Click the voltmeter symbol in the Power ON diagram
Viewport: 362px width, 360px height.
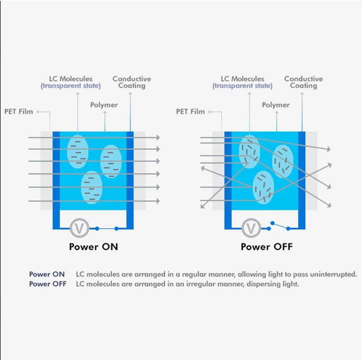tap(80, 228)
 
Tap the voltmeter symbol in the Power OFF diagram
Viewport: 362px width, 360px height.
tap(251, 228)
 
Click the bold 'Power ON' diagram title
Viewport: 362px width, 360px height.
tap(94, 247)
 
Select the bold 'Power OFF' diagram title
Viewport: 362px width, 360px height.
tap(267, 247)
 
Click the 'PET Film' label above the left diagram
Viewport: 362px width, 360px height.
tap(19, 112)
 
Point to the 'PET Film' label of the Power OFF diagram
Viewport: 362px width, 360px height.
tap(191, 112)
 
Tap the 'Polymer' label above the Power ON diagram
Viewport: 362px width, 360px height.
tap(104, 105)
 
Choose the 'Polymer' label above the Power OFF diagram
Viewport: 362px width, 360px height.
tap(276, 105)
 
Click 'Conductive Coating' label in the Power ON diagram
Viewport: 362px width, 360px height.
tap(132, 82)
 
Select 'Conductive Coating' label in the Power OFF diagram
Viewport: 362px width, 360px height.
tap(304, 82)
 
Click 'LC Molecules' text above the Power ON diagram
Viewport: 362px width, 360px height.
tap(71, 79)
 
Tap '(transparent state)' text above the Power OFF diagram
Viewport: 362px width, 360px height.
tap(243, 86)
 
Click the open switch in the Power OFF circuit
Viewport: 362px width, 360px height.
tap(280, 226)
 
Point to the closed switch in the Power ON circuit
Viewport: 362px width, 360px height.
tap(107, 229)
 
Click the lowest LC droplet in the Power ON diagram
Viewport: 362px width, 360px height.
tap(92, 187)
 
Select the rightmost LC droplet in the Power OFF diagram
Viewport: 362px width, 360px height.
tap(283, 161)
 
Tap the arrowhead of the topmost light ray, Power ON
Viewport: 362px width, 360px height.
tap(158, 137)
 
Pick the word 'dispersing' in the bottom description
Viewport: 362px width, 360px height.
tap(262, 284)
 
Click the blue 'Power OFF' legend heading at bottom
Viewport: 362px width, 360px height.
tap(48, 284)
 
